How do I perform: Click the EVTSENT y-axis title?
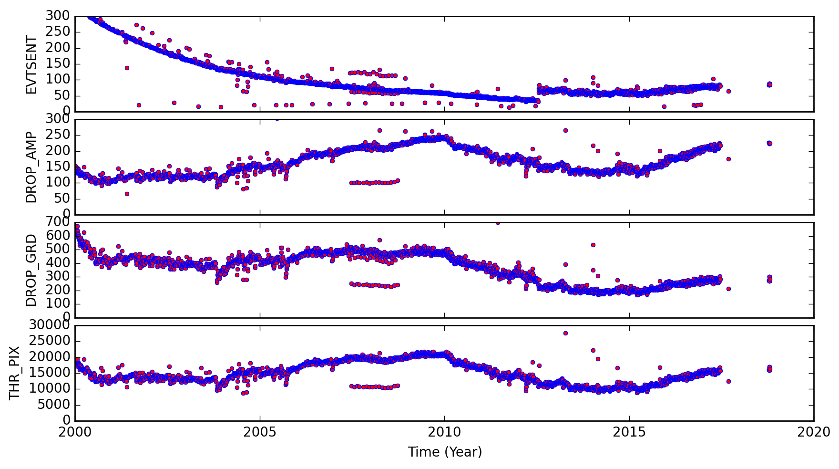(x=31, y=64)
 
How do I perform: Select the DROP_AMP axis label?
(x=31, y=167)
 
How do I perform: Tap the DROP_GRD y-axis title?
(x=31, y=270)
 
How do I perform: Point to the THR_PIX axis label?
(x=15, y=373)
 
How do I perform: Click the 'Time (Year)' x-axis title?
(x=445, y=452)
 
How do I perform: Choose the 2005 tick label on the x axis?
(x=260, y=433)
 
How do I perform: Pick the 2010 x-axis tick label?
(x=444, y=433)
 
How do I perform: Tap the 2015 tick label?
(x=629, y=433)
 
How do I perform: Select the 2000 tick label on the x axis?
(x=75, y=433)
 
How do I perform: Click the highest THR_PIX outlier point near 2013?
(x=565, y=333)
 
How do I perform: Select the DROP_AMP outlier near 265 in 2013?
(x=565, y=130)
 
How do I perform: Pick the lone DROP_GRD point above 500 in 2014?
(x=593, y=245)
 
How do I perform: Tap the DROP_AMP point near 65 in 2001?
(x=127, y=194)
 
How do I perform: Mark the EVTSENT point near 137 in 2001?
(x=127, y=68)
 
